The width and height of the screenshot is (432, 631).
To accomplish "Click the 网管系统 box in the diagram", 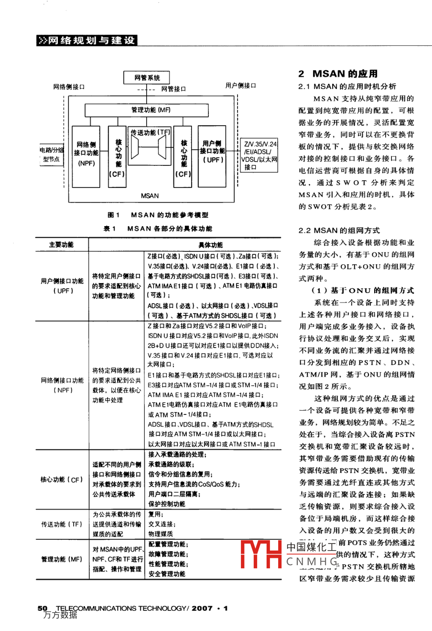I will coord(147,78).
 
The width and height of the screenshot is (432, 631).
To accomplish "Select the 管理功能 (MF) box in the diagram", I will coord(151,110).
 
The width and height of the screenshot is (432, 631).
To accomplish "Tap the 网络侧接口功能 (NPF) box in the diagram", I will coord(86,153).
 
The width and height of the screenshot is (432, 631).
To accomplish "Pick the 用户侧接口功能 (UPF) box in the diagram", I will coord(212,152).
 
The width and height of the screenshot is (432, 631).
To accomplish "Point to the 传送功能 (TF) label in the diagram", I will coord(150,132).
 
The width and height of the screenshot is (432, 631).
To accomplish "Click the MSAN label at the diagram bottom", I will coord(150,196).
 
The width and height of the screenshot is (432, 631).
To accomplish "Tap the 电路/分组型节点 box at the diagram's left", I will coord(51,155).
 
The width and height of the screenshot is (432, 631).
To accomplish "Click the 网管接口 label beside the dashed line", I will coord(173,89).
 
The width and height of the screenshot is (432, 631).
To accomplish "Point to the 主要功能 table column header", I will coord(61,245).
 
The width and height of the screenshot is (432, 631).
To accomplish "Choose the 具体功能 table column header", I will coord(210,245).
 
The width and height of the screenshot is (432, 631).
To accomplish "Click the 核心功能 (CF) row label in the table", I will coord(61,479).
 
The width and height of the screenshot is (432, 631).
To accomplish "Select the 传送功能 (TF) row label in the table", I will coord(61,524).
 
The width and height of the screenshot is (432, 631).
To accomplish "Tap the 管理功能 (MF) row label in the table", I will coord(61,559).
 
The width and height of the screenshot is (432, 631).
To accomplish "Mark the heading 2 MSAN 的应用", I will coord(338,74).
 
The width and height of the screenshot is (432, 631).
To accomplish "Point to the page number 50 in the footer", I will coord(43,608).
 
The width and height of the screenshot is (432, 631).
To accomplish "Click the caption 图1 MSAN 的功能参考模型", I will coord(158,215).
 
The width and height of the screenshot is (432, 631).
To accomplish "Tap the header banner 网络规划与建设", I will coord(86,41).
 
